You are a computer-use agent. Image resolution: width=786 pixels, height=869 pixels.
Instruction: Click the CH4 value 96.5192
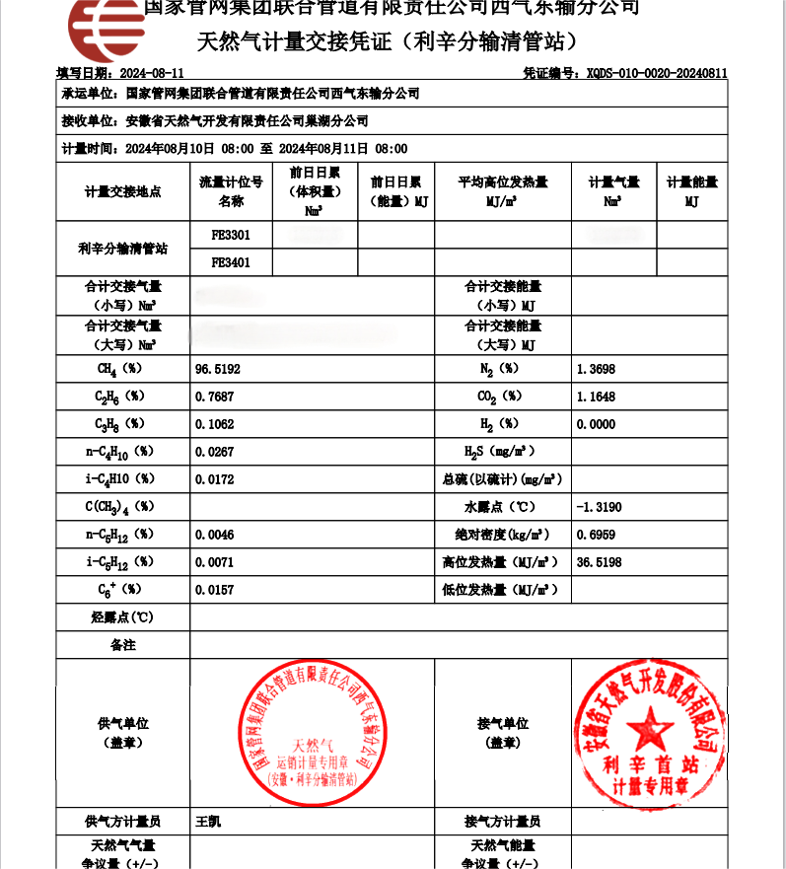click(x=218, y=369)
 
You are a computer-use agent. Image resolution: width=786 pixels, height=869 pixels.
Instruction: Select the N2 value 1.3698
click(x=595, y=369)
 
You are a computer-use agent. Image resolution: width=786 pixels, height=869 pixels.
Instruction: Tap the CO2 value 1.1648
click(x=595, y=397)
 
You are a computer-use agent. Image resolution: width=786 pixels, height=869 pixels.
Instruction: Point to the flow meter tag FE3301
click(x=231, y=236)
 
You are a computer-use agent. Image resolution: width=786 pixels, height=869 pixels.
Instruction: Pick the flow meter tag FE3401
click(x=231, y=262)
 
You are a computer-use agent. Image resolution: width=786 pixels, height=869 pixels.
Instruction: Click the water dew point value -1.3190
click(x=599, y=507)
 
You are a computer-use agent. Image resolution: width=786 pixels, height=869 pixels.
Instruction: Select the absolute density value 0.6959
click(x=595, y=535)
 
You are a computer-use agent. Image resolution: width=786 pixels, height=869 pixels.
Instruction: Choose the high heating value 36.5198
click(x=599, y=562)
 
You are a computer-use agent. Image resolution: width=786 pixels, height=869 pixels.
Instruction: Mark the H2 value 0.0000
click(x=595, y=424)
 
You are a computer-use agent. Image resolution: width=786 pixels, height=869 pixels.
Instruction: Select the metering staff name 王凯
click(x=208, y=822)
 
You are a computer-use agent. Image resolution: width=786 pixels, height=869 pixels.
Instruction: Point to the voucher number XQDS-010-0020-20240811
click(x=656, y=73)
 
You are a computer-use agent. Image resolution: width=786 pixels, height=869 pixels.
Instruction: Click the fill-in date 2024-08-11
click(x=151, y=73)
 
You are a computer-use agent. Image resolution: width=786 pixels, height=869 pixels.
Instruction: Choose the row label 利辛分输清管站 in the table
click(x=122, y=249)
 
